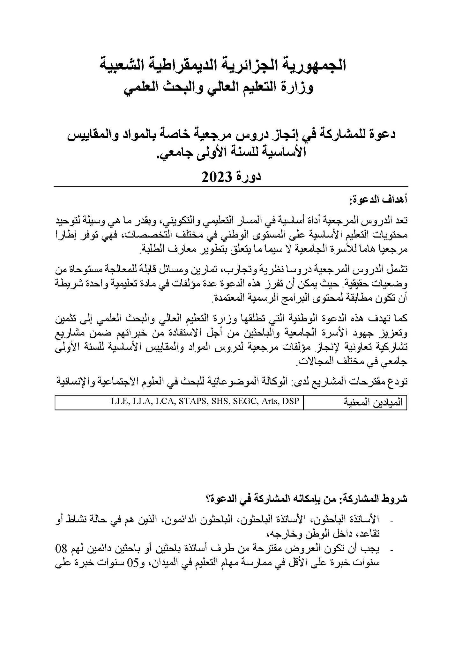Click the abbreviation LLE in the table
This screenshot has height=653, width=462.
(119, 401)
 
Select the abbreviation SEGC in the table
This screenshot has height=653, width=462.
(243, 401)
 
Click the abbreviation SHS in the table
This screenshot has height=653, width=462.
(219, 401)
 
